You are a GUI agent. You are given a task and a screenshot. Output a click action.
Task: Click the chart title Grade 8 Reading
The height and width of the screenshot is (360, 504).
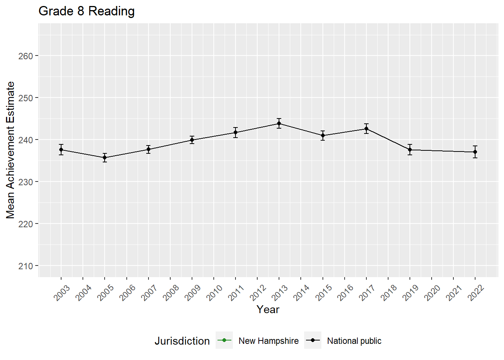87,11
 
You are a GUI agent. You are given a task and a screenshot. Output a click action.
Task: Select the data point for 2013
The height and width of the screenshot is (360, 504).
279,123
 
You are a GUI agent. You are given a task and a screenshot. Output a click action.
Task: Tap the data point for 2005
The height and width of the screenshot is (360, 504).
105,157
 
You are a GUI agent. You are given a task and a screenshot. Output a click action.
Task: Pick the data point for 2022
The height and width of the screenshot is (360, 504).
475,152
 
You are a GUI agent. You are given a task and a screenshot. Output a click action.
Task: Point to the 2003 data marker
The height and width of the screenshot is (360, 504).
61,150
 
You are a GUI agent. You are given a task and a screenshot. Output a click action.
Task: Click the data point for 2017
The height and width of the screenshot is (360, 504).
366,129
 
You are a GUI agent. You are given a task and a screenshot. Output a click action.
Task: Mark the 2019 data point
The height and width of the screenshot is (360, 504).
410,150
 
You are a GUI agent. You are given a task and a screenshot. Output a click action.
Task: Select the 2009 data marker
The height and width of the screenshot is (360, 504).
192,140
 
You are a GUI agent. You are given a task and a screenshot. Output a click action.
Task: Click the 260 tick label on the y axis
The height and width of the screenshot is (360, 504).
25,56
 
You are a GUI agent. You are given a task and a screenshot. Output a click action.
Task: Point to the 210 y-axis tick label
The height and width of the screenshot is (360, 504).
25,266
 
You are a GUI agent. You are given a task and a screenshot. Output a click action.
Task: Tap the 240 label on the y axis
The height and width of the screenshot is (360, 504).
25,140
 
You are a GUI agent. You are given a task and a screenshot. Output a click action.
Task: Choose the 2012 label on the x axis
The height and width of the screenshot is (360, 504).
258,293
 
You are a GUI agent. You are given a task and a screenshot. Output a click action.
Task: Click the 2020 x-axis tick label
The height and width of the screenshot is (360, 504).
432,293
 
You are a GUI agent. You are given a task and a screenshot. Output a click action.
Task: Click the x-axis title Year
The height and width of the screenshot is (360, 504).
268,309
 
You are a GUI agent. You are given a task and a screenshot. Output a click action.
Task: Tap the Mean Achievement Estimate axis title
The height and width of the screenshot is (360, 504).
10,150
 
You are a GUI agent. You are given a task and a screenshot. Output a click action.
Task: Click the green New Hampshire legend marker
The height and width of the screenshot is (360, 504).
224,340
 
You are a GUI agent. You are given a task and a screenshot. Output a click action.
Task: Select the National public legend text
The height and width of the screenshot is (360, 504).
354,341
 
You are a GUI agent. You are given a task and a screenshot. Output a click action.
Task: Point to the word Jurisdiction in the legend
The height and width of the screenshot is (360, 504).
182,341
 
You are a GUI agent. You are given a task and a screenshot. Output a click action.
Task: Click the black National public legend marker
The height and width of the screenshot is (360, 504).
313,340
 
